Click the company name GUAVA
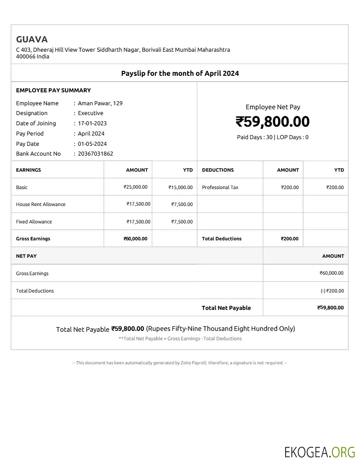32,39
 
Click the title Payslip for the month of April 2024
180,73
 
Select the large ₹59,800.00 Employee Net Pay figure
272,122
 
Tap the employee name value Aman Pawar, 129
100,103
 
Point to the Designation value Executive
90,113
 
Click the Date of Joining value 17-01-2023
92,124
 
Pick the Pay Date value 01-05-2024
92,144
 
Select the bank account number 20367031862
95,154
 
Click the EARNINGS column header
29,170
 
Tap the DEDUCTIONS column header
217,170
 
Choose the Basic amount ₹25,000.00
135,187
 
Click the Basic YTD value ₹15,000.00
180,188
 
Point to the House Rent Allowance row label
41,204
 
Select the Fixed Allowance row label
34,222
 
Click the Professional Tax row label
220,187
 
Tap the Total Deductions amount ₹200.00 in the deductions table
290,239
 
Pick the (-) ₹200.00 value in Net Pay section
332,291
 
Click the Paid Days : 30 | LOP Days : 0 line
273,137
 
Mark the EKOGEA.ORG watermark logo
319,452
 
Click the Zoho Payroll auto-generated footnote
180,363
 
